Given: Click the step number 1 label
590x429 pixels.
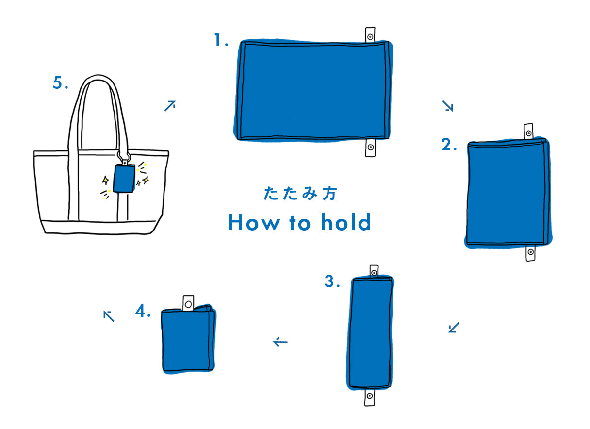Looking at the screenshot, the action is [x=221, y=40].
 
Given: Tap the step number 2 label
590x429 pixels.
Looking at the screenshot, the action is [x=448, y=145].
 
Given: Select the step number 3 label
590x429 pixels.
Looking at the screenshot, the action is [x=332, y=281].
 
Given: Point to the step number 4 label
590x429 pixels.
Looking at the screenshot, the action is [x=143, y=311].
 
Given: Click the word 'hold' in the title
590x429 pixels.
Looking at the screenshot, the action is [x=346, y=222].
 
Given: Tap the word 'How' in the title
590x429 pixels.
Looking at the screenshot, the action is [x=254, y=222].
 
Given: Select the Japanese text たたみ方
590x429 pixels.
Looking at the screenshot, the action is [x=300, y=194].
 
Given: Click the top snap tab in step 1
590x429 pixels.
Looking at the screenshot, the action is [x=370, y=35].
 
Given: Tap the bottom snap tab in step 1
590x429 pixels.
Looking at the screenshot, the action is [x=370, y=148].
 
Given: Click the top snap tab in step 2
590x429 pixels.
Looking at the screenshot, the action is [x=528, y=131].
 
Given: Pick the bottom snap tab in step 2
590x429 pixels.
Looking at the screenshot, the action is [x=530, y=252].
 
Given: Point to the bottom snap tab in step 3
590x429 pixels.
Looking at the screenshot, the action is [x=370, y=396].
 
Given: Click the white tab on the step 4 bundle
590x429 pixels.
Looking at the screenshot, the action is [x=188, y=303].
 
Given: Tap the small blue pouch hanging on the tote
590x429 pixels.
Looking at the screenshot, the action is [x=124, y=179].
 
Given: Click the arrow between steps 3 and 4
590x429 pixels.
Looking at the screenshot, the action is [x=280, y=342].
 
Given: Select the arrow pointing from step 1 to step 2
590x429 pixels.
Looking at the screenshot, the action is [x=447, y=106].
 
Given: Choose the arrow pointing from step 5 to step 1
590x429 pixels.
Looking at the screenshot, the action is [x=170, y=106].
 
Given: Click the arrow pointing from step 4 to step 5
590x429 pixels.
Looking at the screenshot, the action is [x=109, y=316].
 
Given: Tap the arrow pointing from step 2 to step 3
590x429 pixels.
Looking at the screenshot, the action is [x=454, y=327].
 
